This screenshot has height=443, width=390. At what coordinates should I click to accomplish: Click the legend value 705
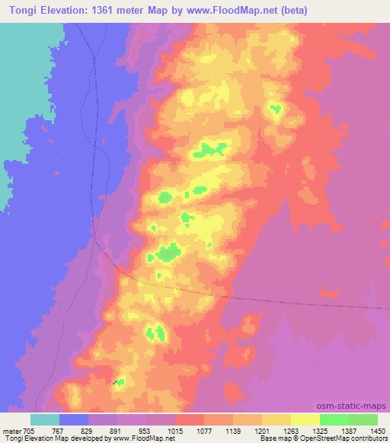[x=27, y=429]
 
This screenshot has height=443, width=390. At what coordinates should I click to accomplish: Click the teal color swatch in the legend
[x=45, y=419]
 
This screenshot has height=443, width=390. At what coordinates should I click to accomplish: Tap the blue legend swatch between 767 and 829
[x=74, y=419]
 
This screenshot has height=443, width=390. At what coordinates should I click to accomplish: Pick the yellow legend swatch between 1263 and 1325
[x=305, y=419]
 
